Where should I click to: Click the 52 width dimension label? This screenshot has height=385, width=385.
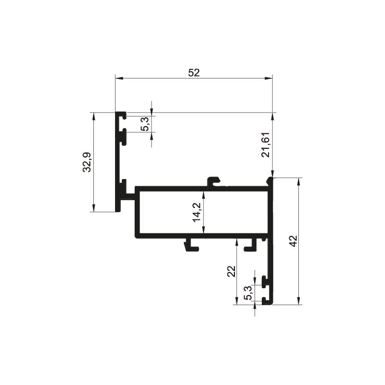[x=194, y=73]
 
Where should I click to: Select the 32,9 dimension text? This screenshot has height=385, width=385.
[x=87, y=162]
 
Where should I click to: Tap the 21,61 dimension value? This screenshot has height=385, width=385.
[x=266, y=145]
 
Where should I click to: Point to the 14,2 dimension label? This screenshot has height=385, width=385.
[x=197, y=213]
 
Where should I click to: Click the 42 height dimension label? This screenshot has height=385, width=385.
[x=293, y=241]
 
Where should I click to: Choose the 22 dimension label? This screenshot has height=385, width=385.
[x=231, y=271]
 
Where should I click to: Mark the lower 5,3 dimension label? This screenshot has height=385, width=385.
[x=248, y=293]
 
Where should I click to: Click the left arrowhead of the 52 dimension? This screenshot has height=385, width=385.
[x=119, y=78]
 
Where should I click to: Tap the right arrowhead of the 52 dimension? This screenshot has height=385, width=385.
[x=269, y=78]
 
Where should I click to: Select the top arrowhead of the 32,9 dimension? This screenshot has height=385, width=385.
[x=93, y=116]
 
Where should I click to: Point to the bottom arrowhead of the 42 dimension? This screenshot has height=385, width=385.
[x=298, y=301]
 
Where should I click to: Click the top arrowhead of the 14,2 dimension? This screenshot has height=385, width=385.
[x=203, y=195]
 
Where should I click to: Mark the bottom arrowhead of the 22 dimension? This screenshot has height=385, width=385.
[x=237, y=301]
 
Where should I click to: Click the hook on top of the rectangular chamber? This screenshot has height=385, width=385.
[x=214, y=181]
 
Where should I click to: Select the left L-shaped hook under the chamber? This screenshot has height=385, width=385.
[x=192, y=245]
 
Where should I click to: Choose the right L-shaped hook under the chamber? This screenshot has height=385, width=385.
[x=250, y=245]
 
